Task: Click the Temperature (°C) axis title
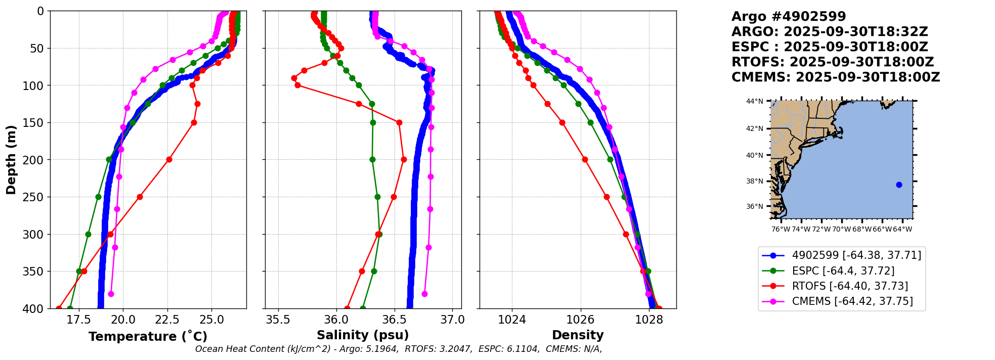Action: (x=148, y=337)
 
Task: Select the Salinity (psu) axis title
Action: (x=363, y=335)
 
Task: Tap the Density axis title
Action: (x=578, y=335)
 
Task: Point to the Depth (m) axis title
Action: (x=11, y=160)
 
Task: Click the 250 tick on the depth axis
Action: (x=36, y=197)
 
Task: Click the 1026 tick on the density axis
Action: (x=580, y=320)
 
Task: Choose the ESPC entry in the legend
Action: (x=843, y=271)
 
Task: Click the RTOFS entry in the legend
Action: (x=850, y=286)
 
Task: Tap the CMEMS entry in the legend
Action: (x=852, y=301)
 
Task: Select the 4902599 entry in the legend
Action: (x=856, y=255)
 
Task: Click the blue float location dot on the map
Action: (x=899, y=185)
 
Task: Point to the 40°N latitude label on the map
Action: (x=754, y=155)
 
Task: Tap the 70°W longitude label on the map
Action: (x=842, y=229)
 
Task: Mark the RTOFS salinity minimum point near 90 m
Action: (x=294, y=78)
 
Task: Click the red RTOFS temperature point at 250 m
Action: (x=140, y=197)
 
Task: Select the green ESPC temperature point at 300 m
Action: (x=88, y=234)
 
